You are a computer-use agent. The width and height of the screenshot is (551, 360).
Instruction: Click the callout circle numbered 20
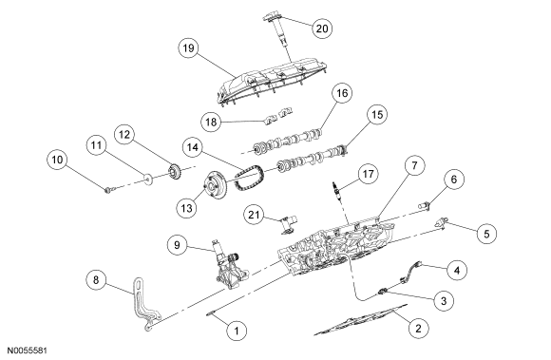[322, 28]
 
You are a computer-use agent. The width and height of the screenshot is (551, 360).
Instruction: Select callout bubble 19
[189, 47]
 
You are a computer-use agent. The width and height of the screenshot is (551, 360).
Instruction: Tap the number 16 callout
[342, 93]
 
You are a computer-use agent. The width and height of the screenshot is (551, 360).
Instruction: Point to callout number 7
[414, 165]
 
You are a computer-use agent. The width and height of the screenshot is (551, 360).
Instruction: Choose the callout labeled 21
[254, 215]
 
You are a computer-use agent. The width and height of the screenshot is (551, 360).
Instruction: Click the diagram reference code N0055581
[27, 351]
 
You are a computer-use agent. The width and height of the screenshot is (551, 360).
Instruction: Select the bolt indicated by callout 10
[109, 190]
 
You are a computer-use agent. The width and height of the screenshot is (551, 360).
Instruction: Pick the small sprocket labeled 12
[174, 172]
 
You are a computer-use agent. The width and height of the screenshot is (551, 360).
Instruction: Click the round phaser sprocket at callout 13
[215, 185]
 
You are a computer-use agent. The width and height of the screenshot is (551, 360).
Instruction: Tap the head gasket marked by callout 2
[360, 319]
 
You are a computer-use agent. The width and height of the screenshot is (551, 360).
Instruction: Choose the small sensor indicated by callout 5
[441, 224]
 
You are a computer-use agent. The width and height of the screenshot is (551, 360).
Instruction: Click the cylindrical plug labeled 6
[424, 205]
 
